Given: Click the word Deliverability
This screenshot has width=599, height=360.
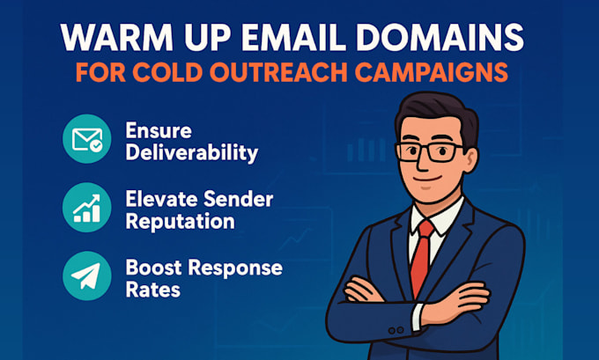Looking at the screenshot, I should pos(192,152).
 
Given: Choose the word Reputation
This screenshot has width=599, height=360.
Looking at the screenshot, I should pos(180,220).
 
